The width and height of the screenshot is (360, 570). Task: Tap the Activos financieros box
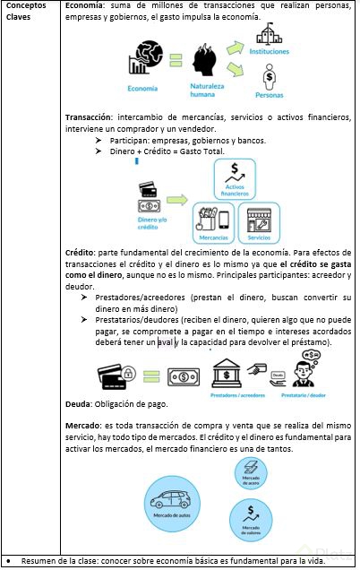[x=235, y=177]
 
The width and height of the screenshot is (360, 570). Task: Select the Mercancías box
[x=213, y=221]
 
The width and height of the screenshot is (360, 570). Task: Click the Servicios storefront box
[x=260, y=221]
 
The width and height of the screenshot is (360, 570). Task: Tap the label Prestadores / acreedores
[x=239, y=393]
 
